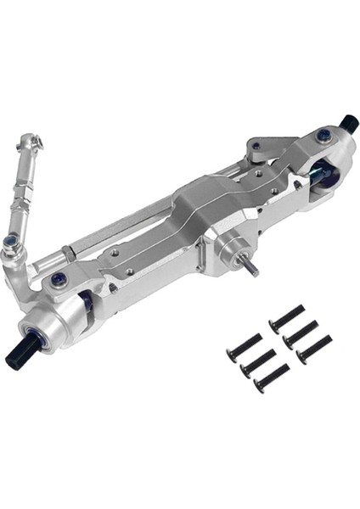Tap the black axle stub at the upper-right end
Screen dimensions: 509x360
coord(346,123)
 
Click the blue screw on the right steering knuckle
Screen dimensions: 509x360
coord(322,136)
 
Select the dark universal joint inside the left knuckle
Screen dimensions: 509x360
coord(86,299)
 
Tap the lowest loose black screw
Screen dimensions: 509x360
coord(271,378)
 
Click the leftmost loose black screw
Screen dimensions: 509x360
coord(244,348)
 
